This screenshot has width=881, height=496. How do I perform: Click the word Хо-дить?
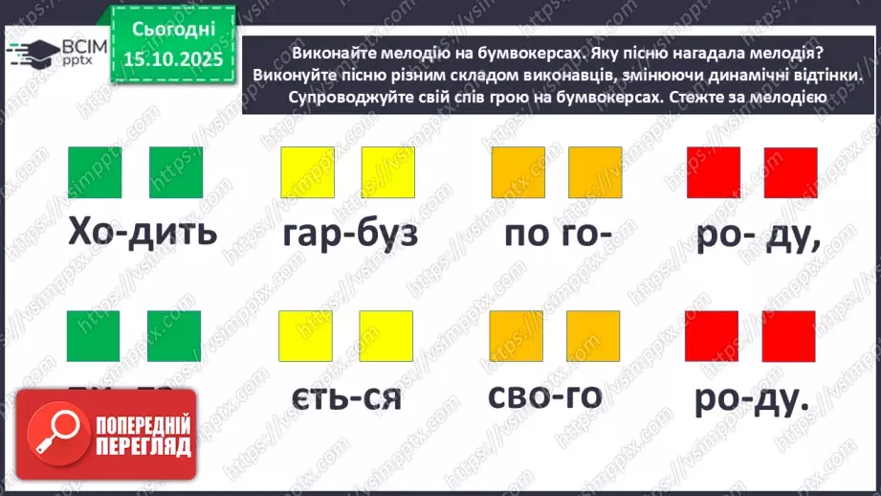coord(142,233)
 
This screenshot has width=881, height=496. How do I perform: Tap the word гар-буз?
coord(350,233)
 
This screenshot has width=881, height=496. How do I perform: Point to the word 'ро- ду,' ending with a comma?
coord(758,233)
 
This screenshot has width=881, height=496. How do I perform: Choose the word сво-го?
coord(544,395)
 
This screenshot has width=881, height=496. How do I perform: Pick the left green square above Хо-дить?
coord(95,173)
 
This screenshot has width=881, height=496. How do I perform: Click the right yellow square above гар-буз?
coord(387,173)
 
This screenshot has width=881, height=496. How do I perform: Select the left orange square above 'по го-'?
coord(518,173)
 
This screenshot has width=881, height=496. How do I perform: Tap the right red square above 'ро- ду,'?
coord(790,173)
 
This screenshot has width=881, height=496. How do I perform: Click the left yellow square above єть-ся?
coord(304,336)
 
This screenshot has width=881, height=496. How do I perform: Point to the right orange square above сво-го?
coord(594,336)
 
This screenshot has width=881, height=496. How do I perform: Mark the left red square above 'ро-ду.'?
coord(712,336)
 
